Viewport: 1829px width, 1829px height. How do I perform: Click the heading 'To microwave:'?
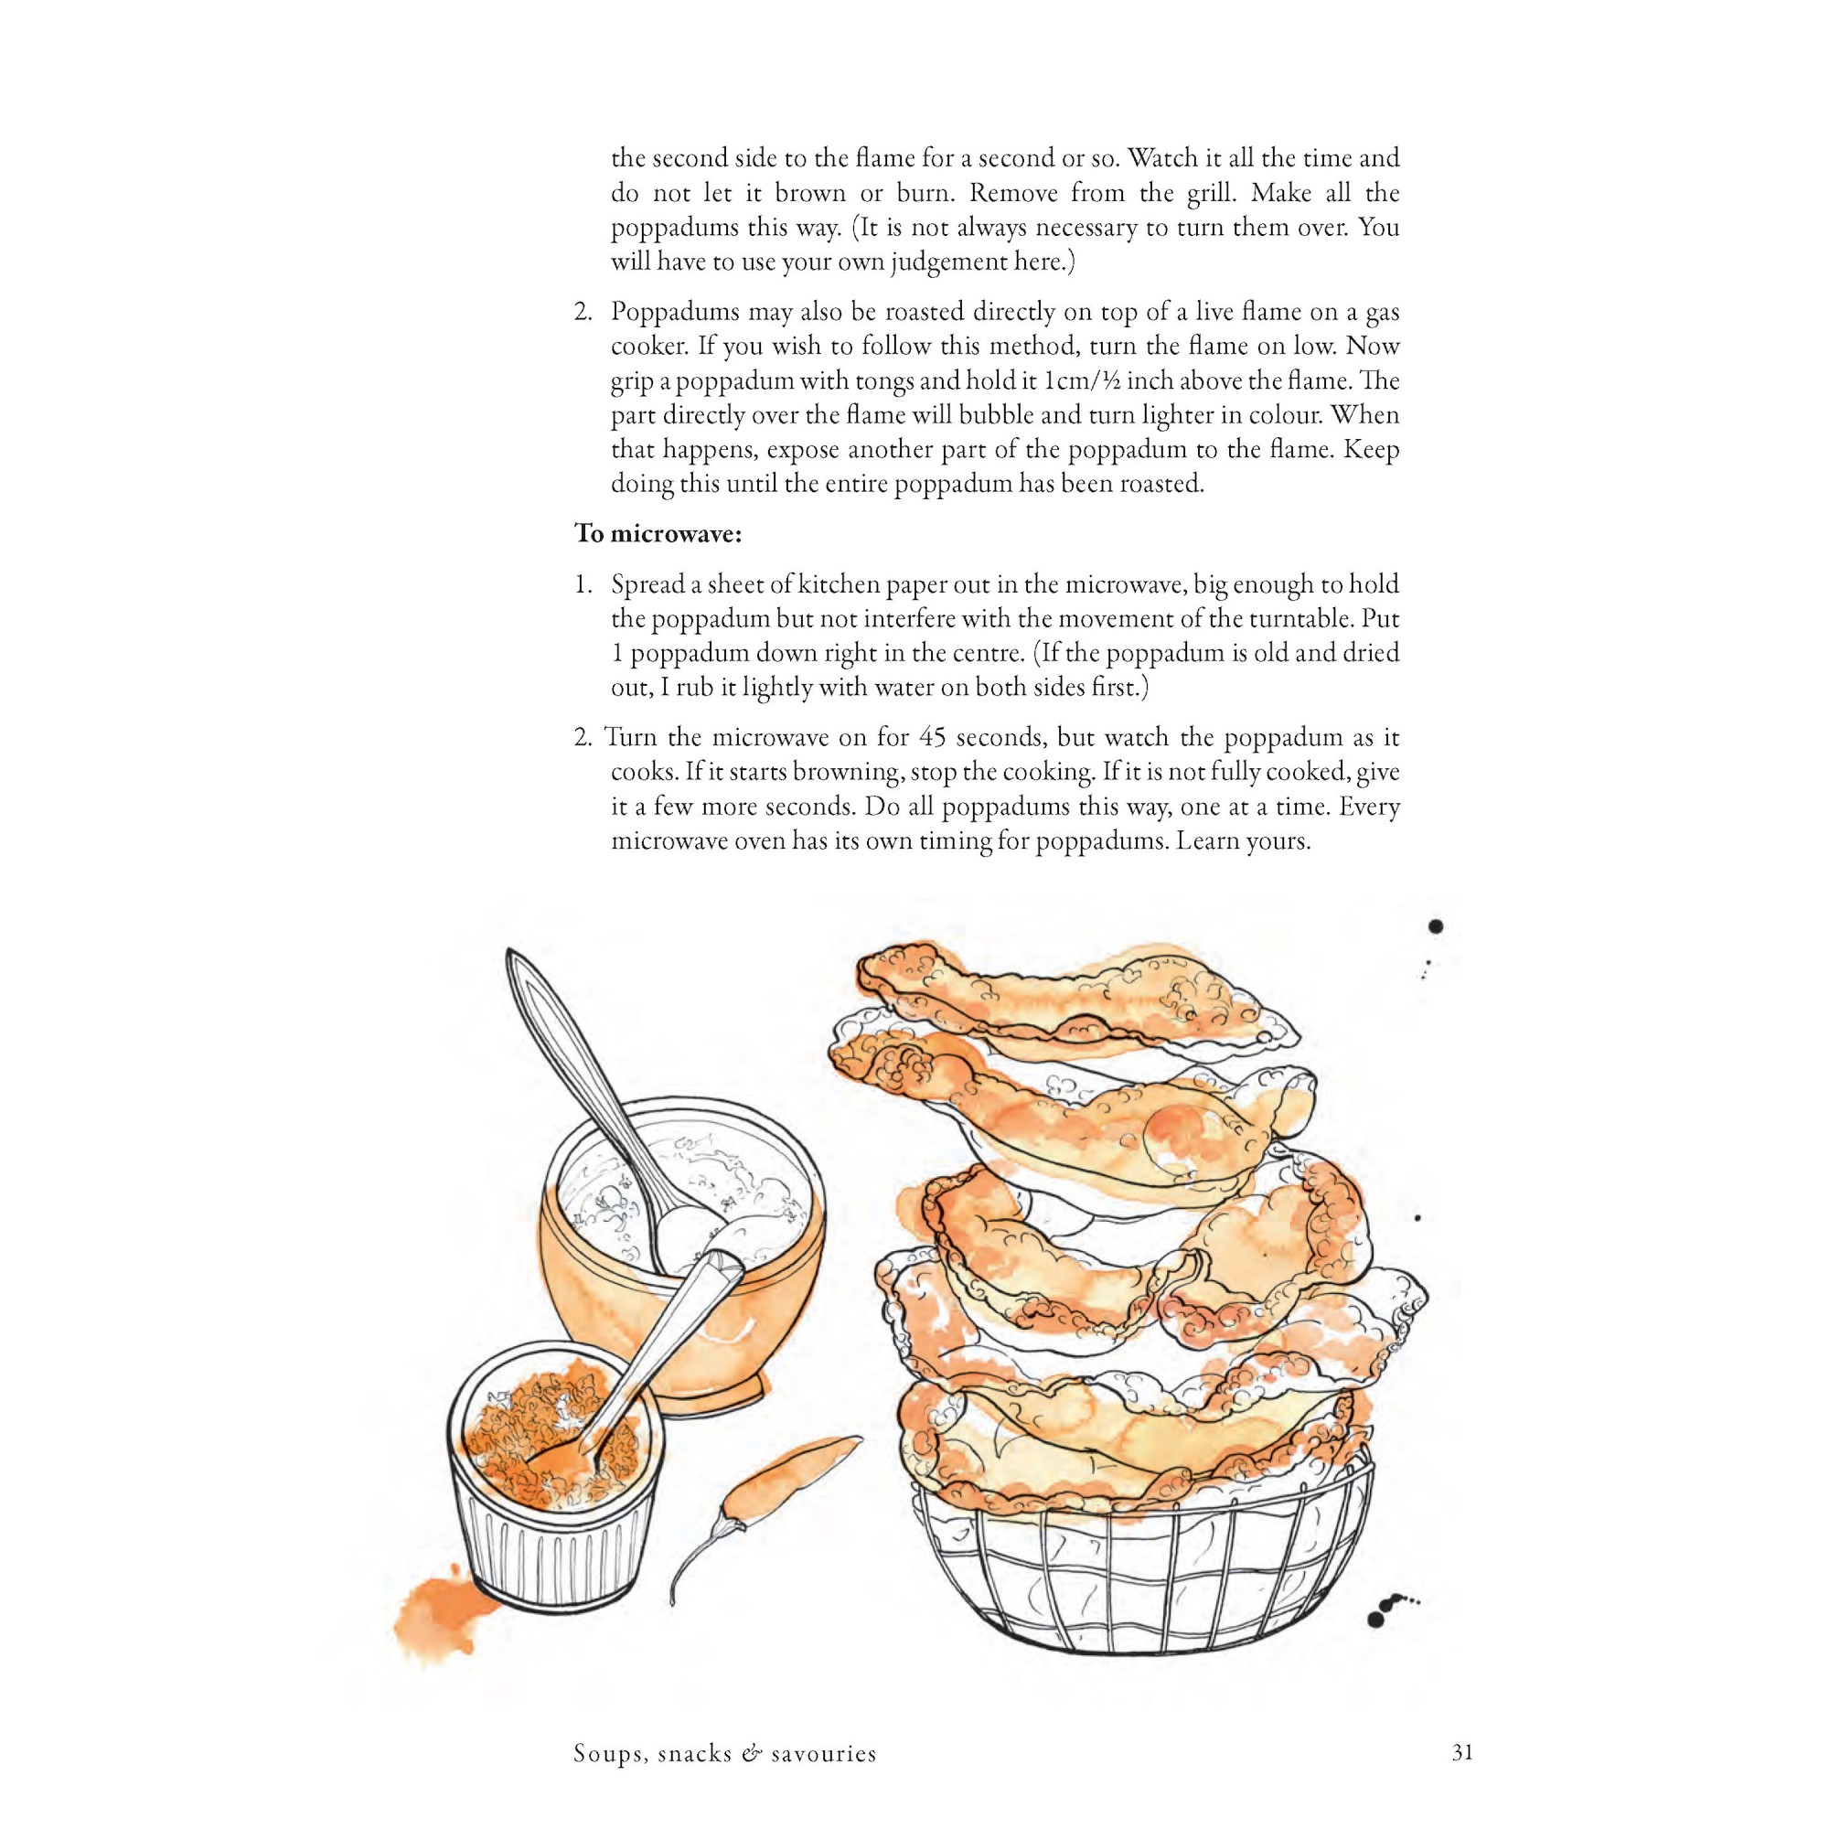[x=658, y=535]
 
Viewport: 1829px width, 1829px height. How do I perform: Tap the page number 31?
[x=1461, y=1753]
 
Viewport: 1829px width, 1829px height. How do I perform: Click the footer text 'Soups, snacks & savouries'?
[x=725, y=1754]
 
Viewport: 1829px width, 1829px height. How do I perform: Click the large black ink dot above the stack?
[x=1435, y=926]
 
